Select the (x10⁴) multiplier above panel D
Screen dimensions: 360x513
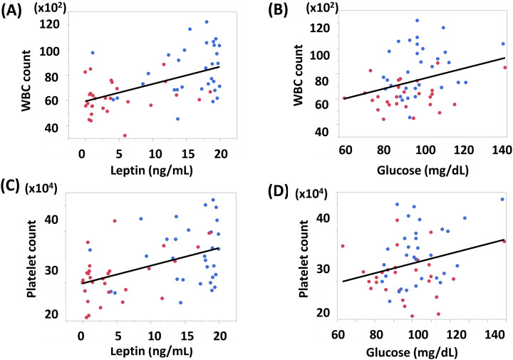326,190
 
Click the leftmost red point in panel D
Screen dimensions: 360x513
343,246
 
